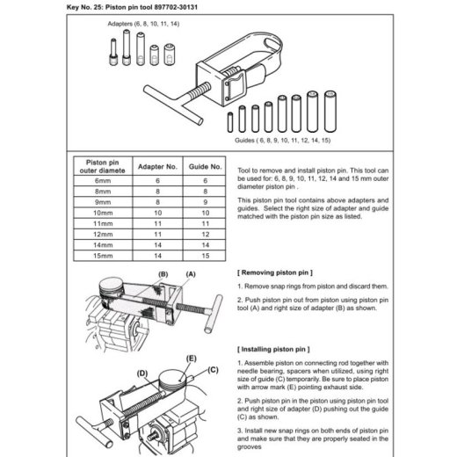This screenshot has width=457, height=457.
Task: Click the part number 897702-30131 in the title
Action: coord(176,7)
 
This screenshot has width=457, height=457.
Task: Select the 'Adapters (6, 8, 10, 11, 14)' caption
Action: coord(143,24)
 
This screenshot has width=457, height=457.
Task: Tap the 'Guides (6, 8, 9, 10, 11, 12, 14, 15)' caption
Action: coord(283,141)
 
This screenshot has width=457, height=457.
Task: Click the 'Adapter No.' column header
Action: coord(157,167)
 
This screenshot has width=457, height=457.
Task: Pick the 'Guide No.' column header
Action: coord(205,167)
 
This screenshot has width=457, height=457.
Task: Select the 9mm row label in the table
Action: coord(103,202)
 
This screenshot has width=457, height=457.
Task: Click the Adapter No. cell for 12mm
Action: coord(157,235)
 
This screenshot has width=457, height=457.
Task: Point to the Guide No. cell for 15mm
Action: coord(206,256)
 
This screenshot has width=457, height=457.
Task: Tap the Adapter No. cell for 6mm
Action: coord(157,181)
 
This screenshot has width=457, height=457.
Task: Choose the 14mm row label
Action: coord(103,245)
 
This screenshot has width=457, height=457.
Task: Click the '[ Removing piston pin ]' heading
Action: coord(275,272)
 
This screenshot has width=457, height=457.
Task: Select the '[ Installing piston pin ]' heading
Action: coord(273,349)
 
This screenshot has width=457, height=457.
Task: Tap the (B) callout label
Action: coord(163,274)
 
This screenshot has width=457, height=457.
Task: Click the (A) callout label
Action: coord(191,274)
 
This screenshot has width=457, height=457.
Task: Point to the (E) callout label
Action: coord(192,359)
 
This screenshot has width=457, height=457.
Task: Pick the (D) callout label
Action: coord(142,374)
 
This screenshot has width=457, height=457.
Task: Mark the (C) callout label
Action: coord(213,370)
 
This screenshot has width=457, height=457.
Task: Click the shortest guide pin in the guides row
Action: coord(230,122)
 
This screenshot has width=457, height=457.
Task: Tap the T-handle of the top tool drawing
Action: coord(173,104)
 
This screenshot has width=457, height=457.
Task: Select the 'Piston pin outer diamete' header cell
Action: coord(103,166)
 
